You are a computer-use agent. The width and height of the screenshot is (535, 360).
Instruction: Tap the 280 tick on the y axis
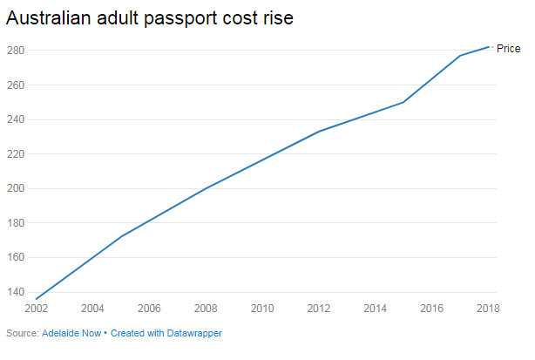[x=17, y=51]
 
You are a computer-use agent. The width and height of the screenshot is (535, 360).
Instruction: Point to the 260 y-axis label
[x=17, y=85]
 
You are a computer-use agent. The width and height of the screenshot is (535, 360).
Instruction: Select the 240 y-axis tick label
[x=17, y=119]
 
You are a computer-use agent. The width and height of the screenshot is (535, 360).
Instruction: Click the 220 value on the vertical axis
[x=17, y=154]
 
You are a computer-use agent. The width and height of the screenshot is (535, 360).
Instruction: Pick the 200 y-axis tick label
[x=17, y=188]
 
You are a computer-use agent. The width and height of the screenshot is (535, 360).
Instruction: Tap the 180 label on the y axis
[x=17, y=223]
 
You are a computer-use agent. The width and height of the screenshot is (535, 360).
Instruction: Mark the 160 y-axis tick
[x=17, y=258]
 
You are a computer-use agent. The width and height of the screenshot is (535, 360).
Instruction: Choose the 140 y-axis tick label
[x=17, y=292]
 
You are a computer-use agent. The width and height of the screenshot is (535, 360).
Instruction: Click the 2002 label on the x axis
[x=36, y=309]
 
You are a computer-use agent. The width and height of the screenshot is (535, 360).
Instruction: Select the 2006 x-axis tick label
[x=149, y=309]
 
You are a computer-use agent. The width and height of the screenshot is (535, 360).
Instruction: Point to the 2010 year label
[x=261, y=309]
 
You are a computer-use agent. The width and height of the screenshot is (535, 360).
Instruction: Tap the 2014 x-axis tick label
[x=375, y=309]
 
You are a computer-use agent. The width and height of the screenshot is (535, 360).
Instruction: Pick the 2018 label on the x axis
[x=488, y=309]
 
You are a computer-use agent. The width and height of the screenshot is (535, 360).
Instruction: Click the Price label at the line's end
[x=508, y=49]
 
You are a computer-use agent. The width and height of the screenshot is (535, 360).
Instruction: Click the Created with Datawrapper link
[x=166, y=333]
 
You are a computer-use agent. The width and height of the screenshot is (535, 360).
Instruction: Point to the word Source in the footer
[x=21, y=333]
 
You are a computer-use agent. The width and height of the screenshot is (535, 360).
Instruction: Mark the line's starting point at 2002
[x=36, y=299]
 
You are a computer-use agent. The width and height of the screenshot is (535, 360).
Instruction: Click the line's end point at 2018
[x=488, y=47]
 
